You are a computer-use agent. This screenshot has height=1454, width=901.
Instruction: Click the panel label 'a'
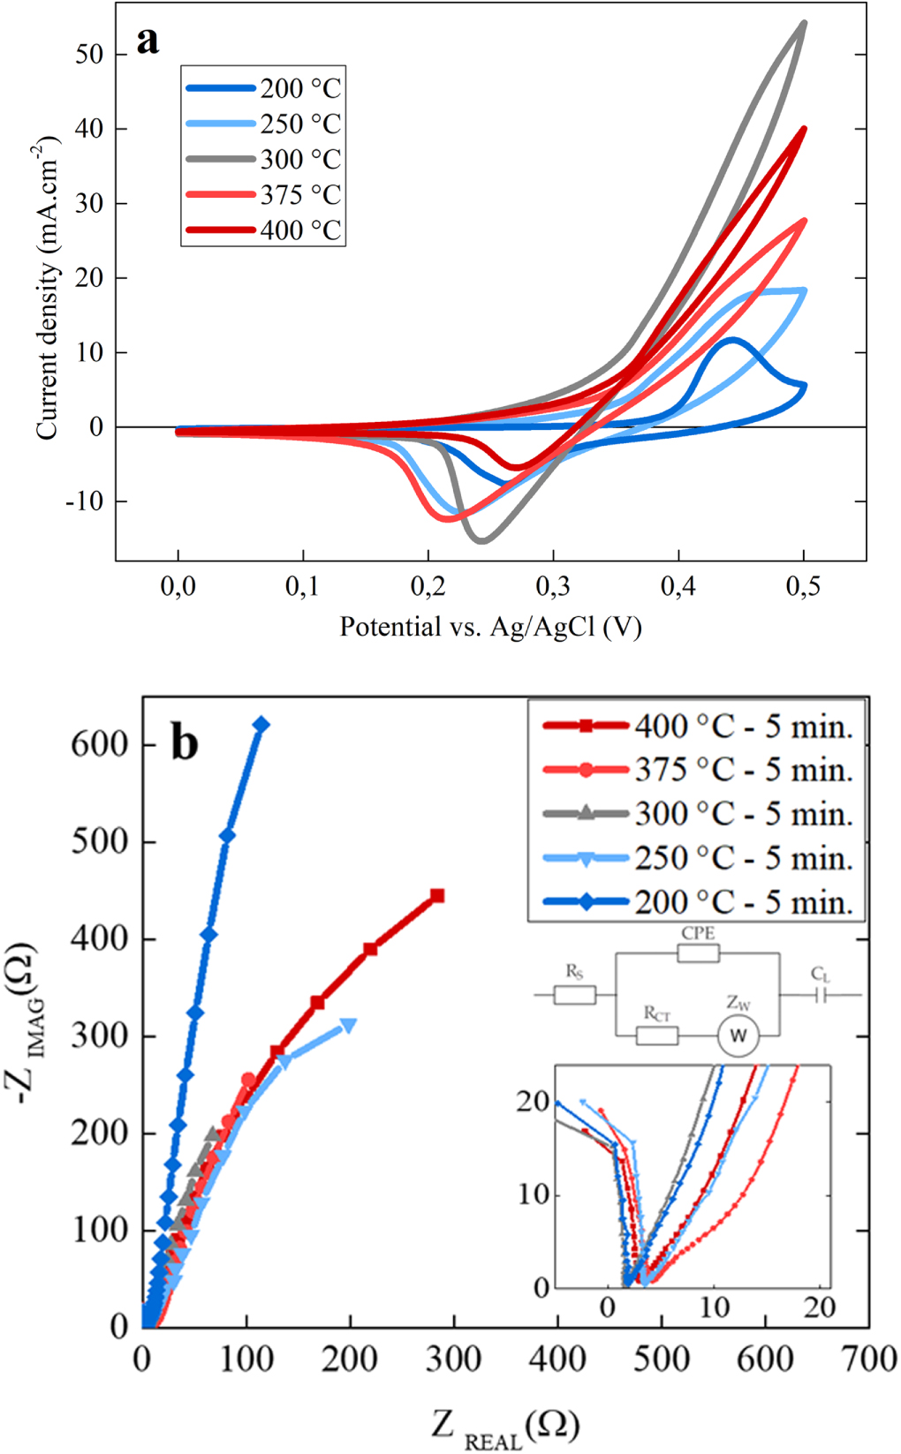(148, 41)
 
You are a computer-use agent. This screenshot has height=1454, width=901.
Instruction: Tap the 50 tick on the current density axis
(89, 55)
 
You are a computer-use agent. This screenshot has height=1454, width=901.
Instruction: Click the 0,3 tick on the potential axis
(553, 586)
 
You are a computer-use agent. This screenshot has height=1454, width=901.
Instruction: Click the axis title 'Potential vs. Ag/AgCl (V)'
(490, 627)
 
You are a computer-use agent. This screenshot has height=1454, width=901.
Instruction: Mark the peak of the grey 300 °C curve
(804, 23)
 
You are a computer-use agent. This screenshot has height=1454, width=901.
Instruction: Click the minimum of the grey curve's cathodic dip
(481, 540)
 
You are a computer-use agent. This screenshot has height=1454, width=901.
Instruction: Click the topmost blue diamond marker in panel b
(261, 725)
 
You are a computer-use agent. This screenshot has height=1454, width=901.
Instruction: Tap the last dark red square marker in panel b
(436, 896)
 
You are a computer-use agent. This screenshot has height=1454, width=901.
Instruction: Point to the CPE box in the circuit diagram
(698, 953)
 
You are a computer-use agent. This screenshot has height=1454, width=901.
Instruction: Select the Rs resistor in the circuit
(574, 995)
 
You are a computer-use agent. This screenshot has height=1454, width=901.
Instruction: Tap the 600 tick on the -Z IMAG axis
(100, 744)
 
